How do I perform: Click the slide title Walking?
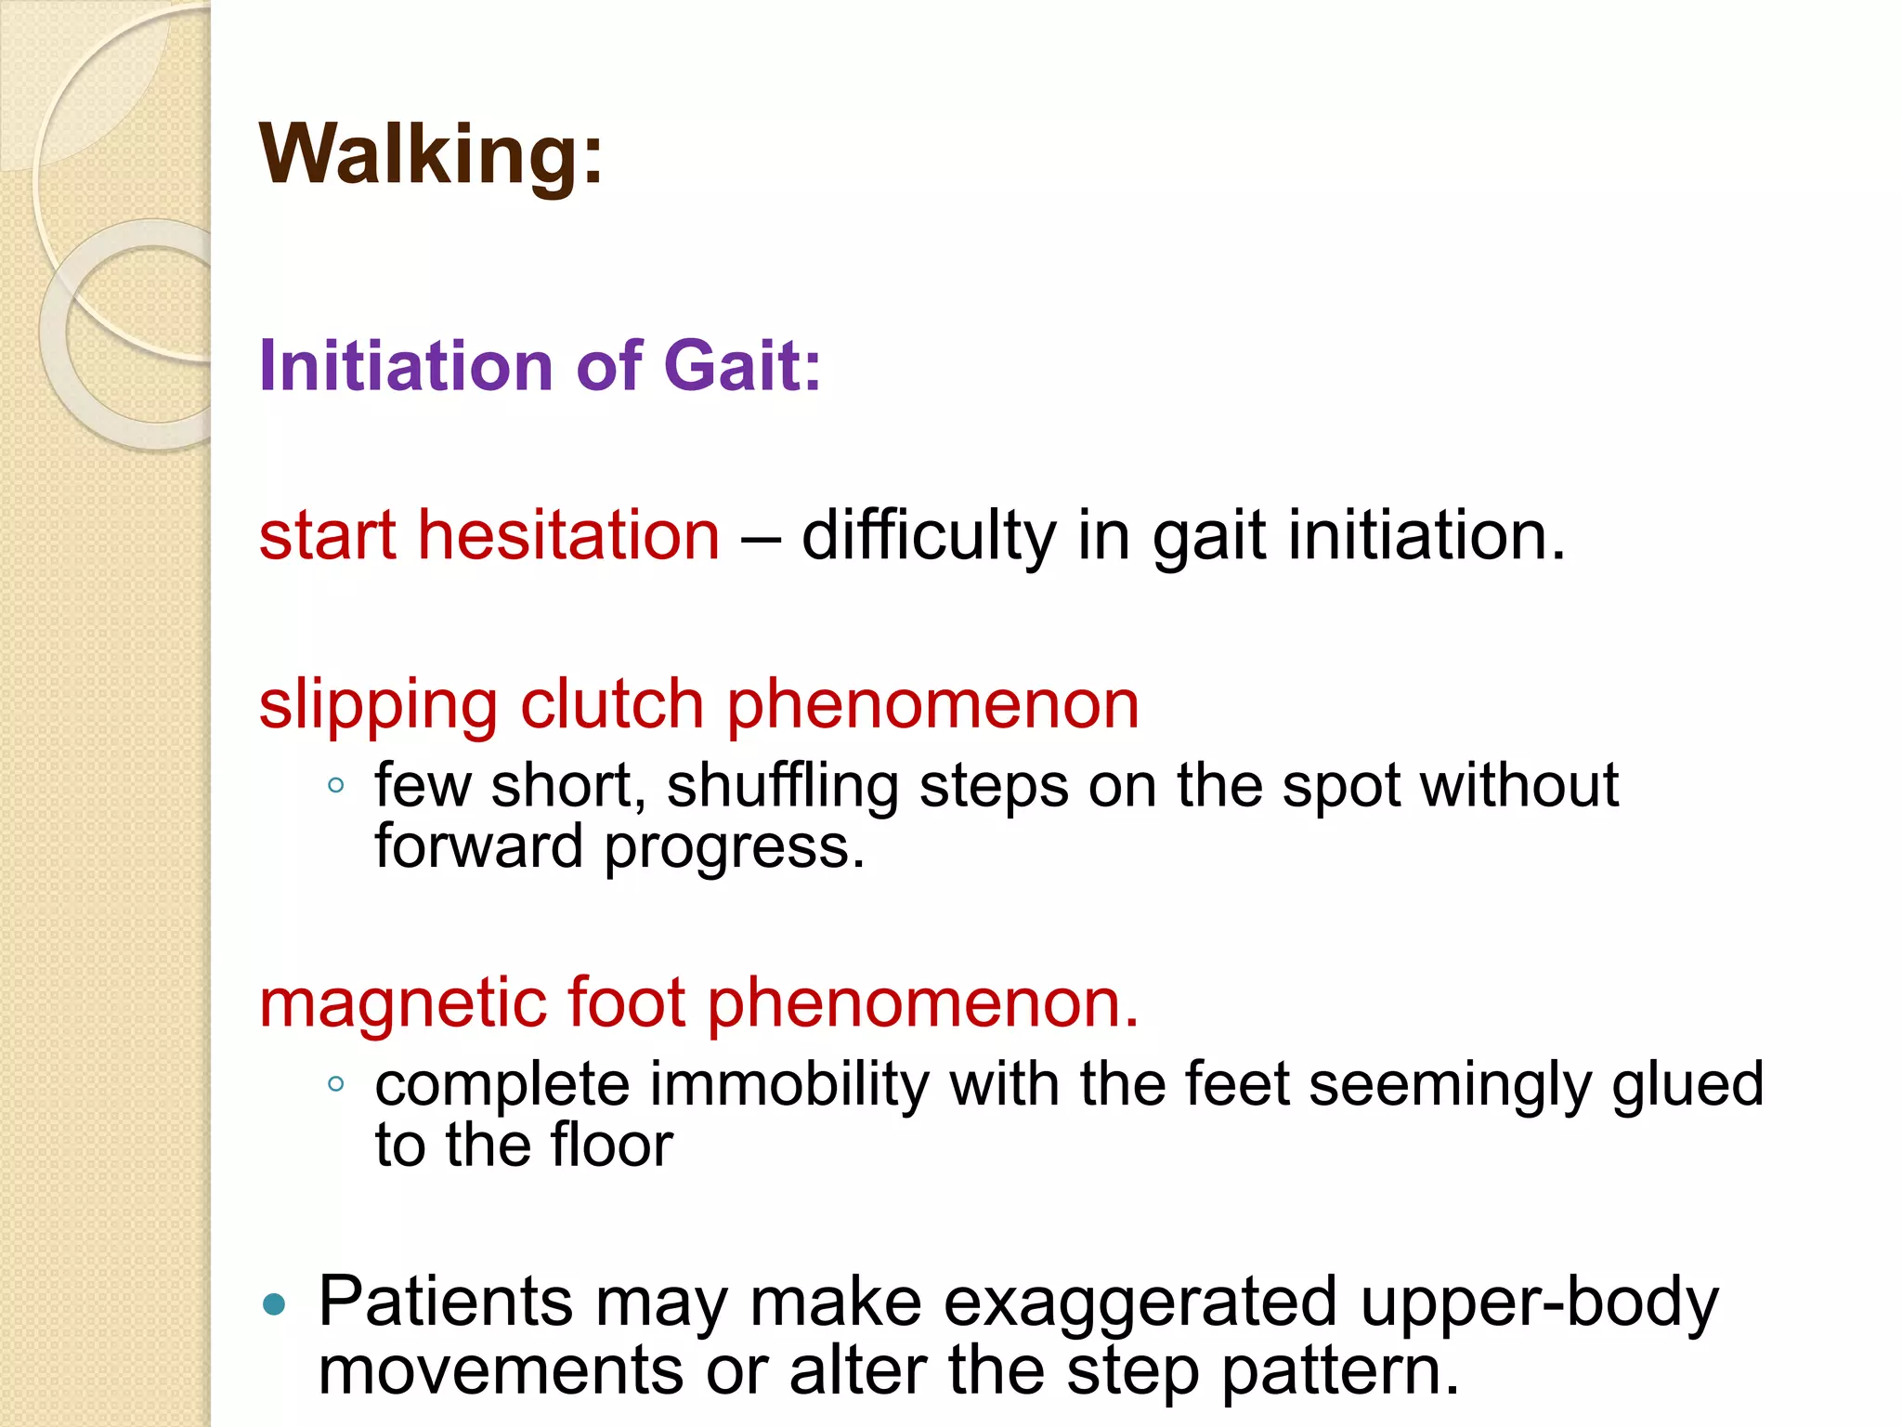[432, 154]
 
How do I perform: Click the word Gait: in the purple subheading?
[742, 365]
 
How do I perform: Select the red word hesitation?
[568, 536]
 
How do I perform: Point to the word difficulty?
[928, 536]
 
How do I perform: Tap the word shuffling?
[782, 787]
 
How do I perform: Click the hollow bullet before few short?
[336, 786]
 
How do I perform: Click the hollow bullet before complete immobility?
[336, 1083]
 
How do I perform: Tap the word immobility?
[788, 1084]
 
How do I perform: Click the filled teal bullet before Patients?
[274, 1304]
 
